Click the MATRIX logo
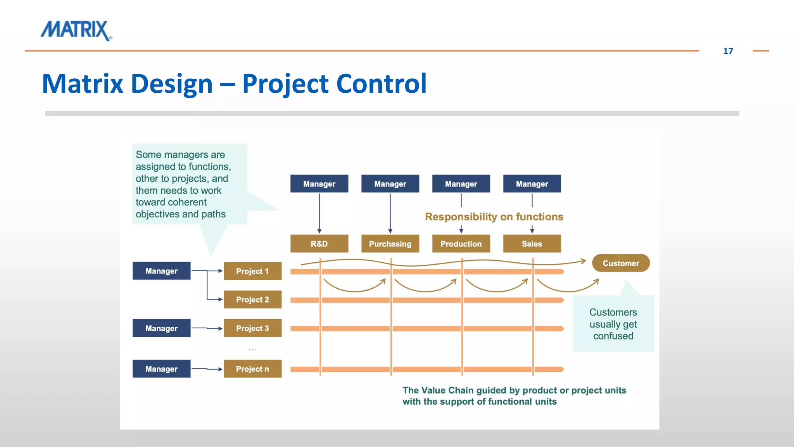click(76, 30)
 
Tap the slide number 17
click(728, 51)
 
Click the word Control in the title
click(381, 84)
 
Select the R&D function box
click(319, 244)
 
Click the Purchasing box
click(390, 244)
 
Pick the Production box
click(461, 244)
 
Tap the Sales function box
click(532, 244)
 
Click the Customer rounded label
click(621, 263)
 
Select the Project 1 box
click(252, 271)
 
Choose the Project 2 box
click(252, 300)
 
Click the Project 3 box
click(252, 328)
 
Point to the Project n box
click(252, 369)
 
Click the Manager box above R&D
click(319, 184)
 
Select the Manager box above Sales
click(532, 184)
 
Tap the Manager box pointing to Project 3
click(161, 328)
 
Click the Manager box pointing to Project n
click(161, 369)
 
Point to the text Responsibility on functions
click(494, 217)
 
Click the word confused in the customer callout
click(613, 336)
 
